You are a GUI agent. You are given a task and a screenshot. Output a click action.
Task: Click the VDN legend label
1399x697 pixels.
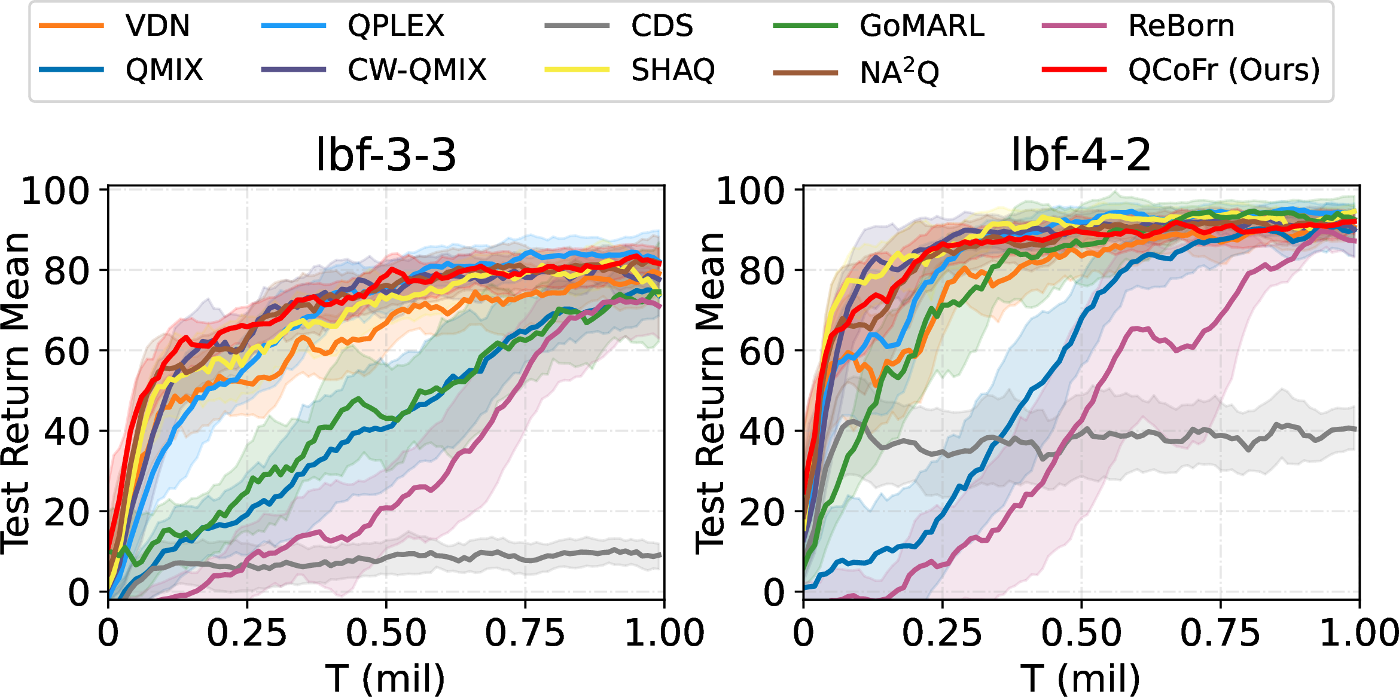pyautogui.click(x=157, y=26)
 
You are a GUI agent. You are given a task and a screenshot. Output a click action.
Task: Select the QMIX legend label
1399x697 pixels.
pyautogui.click(x=164, y=70)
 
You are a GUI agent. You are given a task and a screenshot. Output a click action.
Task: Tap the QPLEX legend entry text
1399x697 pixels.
pyautogui.click(x=396, y=26)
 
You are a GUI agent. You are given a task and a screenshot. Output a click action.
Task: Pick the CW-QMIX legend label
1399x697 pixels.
pyautogui.click(x=417, y=70)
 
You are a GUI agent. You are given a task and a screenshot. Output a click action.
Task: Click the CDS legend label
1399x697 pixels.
pyautogui.click(x=662, y=26)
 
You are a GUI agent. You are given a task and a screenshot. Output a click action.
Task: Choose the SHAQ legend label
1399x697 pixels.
pyautogui.click(x=673, y=70)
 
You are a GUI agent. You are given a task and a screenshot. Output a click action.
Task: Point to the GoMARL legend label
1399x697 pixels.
pyautogui.click(x=922, y=26)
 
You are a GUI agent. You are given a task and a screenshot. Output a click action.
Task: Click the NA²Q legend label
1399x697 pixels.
pyautogui.click(x=899, y=72)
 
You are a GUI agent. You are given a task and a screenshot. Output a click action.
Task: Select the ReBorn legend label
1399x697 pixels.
pyautogui.click(x=1181, y=26)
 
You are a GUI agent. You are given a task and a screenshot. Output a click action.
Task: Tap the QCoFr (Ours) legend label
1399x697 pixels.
pyautogui.click(x=1224, y=70)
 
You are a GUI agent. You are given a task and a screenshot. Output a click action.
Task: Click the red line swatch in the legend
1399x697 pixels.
pyautogui.click(x=1074, y=70)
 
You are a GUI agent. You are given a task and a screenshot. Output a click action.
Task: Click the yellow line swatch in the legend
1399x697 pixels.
pyautogui.click(x=577, y=70)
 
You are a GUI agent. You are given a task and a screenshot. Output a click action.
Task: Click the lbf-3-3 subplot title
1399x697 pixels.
pyautogui.click(x=386, y=155)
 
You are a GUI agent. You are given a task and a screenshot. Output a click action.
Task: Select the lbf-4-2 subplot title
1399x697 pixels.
pyautogui.click(x=1081, y=155)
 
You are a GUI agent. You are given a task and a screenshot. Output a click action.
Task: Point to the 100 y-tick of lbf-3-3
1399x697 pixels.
pyautogui.click(x=55, y=191)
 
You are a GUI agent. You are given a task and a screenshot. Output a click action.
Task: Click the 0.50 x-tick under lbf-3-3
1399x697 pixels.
pyautogui.click(x=386, y=633)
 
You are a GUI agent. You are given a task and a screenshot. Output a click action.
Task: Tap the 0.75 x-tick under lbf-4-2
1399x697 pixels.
pyautogui.click(x=1220, y=633)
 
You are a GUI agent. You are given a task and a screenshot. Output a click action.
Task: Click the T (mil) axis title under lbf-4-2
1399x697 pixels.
pyautogui.click(x=1080, y=678)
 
